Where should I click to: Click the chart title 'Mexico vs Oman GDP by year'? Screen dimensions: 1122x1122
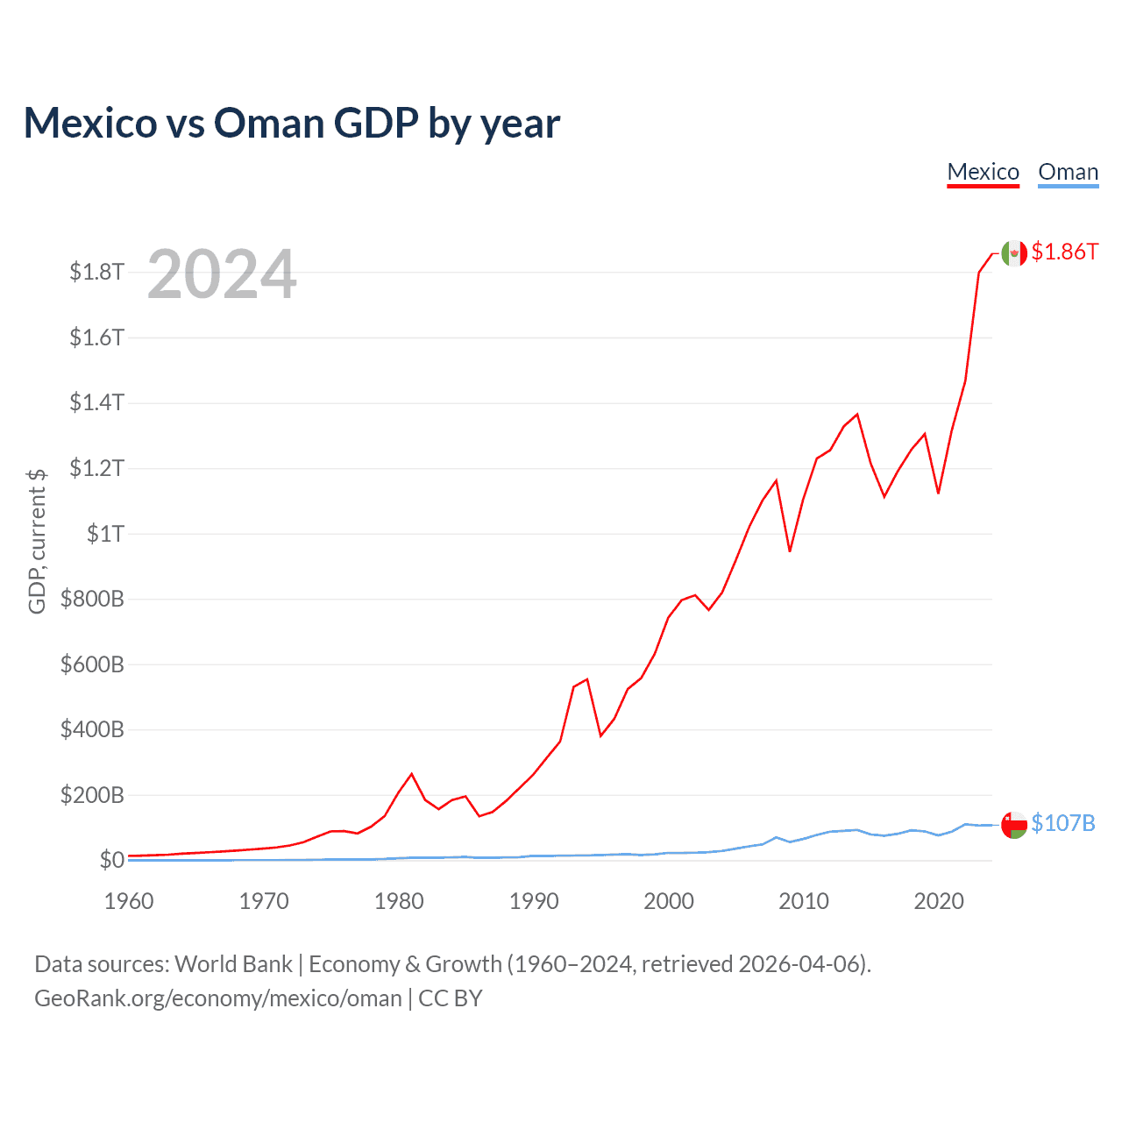[291, 123]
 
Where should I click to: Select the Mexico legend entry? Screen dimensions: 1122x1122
[983, 172]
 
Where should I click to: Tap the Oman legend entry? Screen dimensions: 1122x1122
[1068, 172]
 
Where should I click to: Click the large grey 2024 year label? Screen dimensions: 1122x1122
[222, 274]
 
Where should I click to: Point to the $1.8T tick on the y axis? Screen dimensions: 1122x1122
[96, 272]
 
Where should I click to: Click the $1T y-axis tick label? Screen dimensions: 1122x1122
[105, 534]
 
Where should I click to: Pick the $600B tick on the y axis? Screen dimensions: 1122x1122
[92, 664]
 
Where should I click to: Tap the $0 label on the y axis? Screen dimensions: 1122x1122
[111, 860]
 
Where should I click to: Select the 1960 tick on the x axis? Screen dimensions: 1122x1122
[129, 901]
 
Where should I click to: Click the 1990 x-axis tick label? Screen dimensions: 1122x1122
[534, 901]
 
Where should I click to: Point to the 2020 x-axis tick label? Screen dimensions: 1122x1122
[939, 901]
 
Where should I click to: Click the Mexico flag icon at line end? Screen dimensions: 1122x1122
[1014, 252]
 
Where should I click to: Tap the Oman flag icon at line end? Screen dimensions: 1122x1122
[1014, 824]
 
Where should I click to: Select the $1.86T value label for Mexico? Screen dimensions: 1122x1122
[1064, 252]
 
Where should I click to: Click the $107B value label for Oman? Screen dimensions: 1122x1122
[1062, 823]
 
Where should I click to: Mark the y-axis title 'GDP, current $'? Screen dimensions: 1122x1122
[37, 541]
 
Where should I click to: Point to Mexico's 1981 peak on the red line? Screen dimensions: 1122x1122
[412, 774]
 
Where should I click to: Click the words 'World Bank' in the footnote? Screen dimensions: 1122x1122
[233, 964]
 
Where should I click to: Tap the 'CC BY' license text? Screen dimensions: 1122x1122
[451, 998]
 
